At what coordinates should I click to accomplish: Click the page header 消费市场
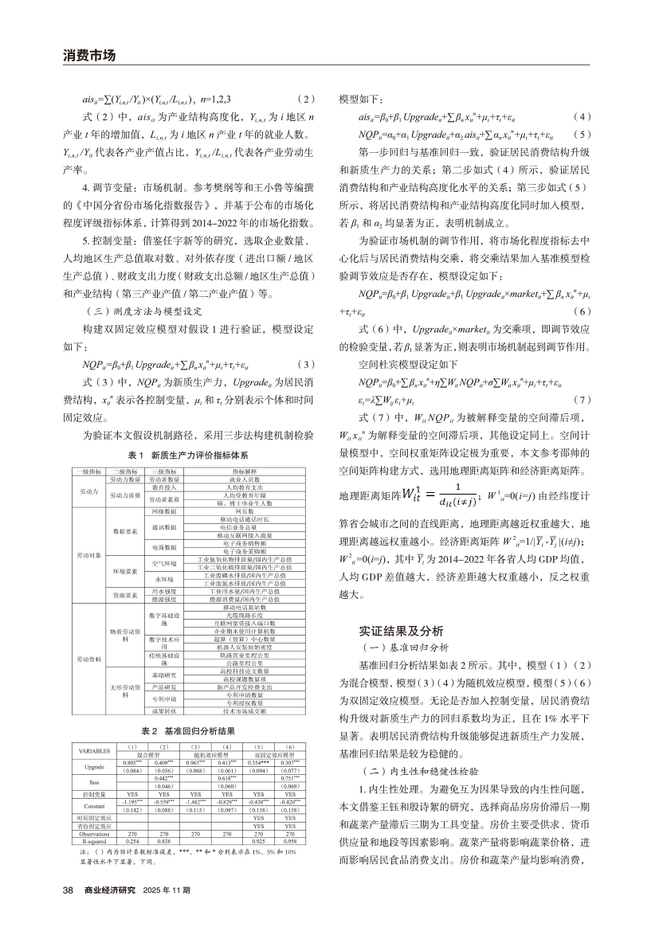[89, 56]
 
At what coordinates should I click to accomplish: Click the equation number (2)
[306, 98]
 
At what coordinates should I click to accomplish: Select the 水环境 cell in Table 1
[165, 579]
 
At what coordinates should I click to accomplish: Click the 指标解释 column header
[245, 471]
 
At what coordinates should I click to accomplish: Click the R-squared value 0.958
[290, 840]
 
